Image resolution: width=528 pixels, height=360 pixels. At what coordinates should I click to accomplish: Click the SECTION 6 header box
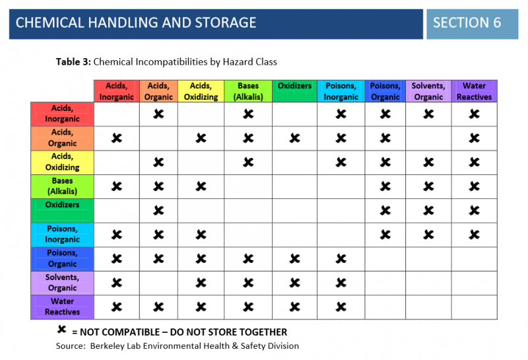472,24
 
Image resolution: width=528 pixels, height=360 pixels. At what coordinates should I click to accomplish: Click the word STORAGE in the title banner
225,23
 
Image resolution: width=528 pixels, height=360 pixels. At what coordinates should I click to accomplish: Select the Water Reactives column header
474,91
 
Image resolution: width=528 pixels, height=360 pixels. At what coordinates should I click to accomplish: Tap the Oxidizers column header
294,91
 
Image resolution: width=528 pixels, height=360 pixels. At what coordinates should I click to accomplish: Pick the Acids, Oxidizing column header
201,91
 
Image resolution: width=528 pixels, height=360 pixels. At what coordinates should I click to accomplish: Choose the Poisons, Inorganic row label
62,234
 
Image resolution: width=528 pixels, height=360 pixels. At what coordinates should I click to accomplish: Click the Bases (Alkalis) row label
62,186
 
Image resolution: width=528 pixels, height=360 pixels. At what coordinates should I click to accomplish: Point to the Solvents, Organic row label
62,283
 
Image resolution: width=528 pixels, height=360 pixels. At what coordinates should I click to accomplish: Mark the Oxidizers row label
62,210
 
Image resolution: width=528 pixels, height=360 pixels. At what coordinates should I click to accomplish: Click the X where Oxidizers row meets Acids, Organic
158,211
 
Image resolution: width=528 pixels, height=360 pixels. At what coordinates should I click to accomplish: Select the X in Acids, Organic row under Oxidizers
294,138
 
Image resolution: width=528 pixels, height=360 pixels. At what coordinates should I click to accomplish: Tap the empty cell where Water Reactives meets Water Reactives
474,307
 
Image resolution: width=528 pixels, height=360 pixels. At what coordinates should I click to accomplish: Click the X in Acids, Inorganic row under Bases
248,114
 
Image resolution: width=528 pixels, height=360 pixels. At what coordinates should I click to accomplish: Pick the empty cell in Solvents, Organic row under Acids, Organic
158,283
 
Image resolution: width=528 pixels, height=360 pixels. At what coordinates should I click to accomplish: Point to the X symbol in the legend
61,330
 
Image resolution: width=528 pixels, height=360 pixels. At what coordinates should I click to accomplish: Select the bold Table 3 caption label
73,62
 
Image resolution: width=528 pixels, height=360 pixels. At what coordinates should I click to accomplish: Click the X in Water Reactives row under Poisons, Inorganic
341,307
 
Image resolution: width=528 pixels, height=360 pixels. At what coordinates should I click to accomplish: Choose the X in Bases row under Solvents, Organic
428,186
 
